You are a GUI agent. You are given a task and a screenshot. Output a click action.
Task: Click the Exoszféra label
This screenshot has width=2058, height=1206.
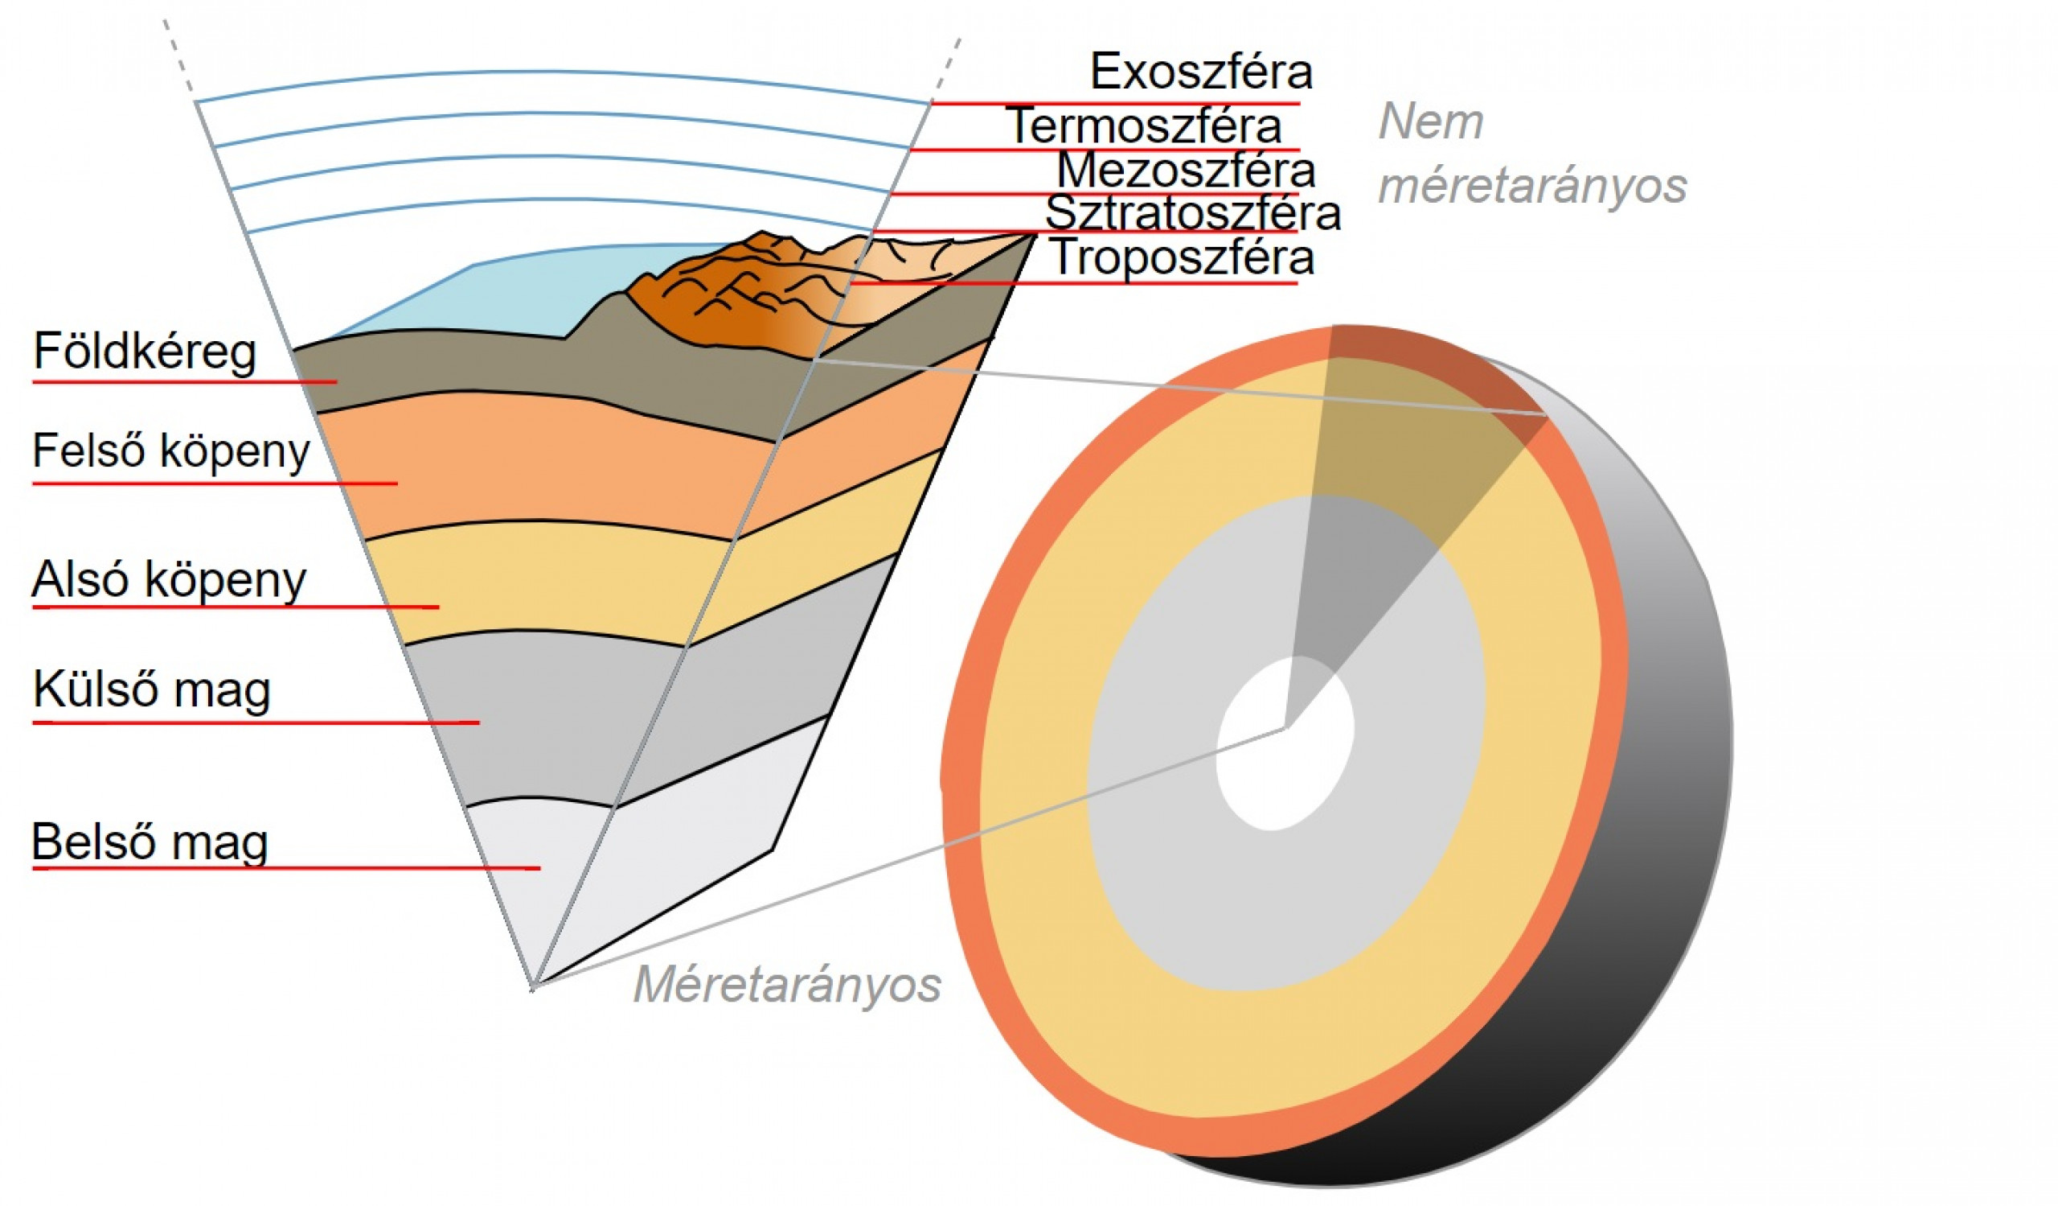(1200, 72)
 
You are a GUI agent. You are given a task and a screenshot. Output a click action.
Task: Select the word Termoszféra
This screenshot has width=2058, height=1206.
(1146, 126)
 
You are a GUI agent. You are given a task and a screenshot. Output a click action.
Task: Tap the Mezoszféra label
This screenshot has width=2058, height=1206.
(1186, 171)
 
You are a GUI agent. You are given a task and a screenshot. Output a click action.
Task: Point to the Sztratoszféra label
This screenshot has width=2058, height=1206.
(1192, 213)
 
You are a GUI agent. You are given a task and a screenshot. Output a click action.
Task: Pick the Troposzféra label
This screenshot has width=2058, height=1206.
(1182, 257)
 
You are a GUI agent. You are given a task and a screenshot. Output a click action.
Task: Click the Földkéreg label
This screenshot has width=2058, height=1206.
(145, 352)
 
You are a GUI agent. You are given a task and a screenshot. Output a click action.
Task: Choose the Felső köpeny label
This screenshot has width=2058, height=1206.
(170, 451)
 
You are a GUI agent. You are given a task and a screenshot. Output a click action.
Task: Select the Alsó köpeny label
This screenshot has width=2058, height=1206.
(168, 580)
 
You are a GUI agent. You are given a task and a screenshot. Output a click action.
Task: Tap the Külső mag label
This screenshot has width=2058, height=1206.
(152, 689)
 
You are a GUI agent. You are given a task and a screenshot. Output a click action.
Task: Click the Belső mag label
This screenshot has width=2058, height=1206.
(150, 842)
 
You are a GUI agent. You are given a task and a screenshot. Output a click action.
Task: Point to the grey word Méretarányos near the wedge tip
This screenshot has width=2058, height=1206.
(786, 985)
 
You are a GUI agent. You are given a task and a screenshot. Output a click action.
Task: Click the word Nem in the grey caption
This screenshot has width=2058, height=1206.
(1430, 122)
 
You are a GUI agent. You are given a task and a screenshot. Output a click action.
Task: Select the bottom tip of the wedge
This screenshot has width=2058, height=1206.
(532, 988)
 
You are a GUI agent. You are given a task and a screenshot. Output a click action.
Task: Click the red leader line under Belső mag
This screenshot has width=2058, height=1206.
(286, 868)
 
